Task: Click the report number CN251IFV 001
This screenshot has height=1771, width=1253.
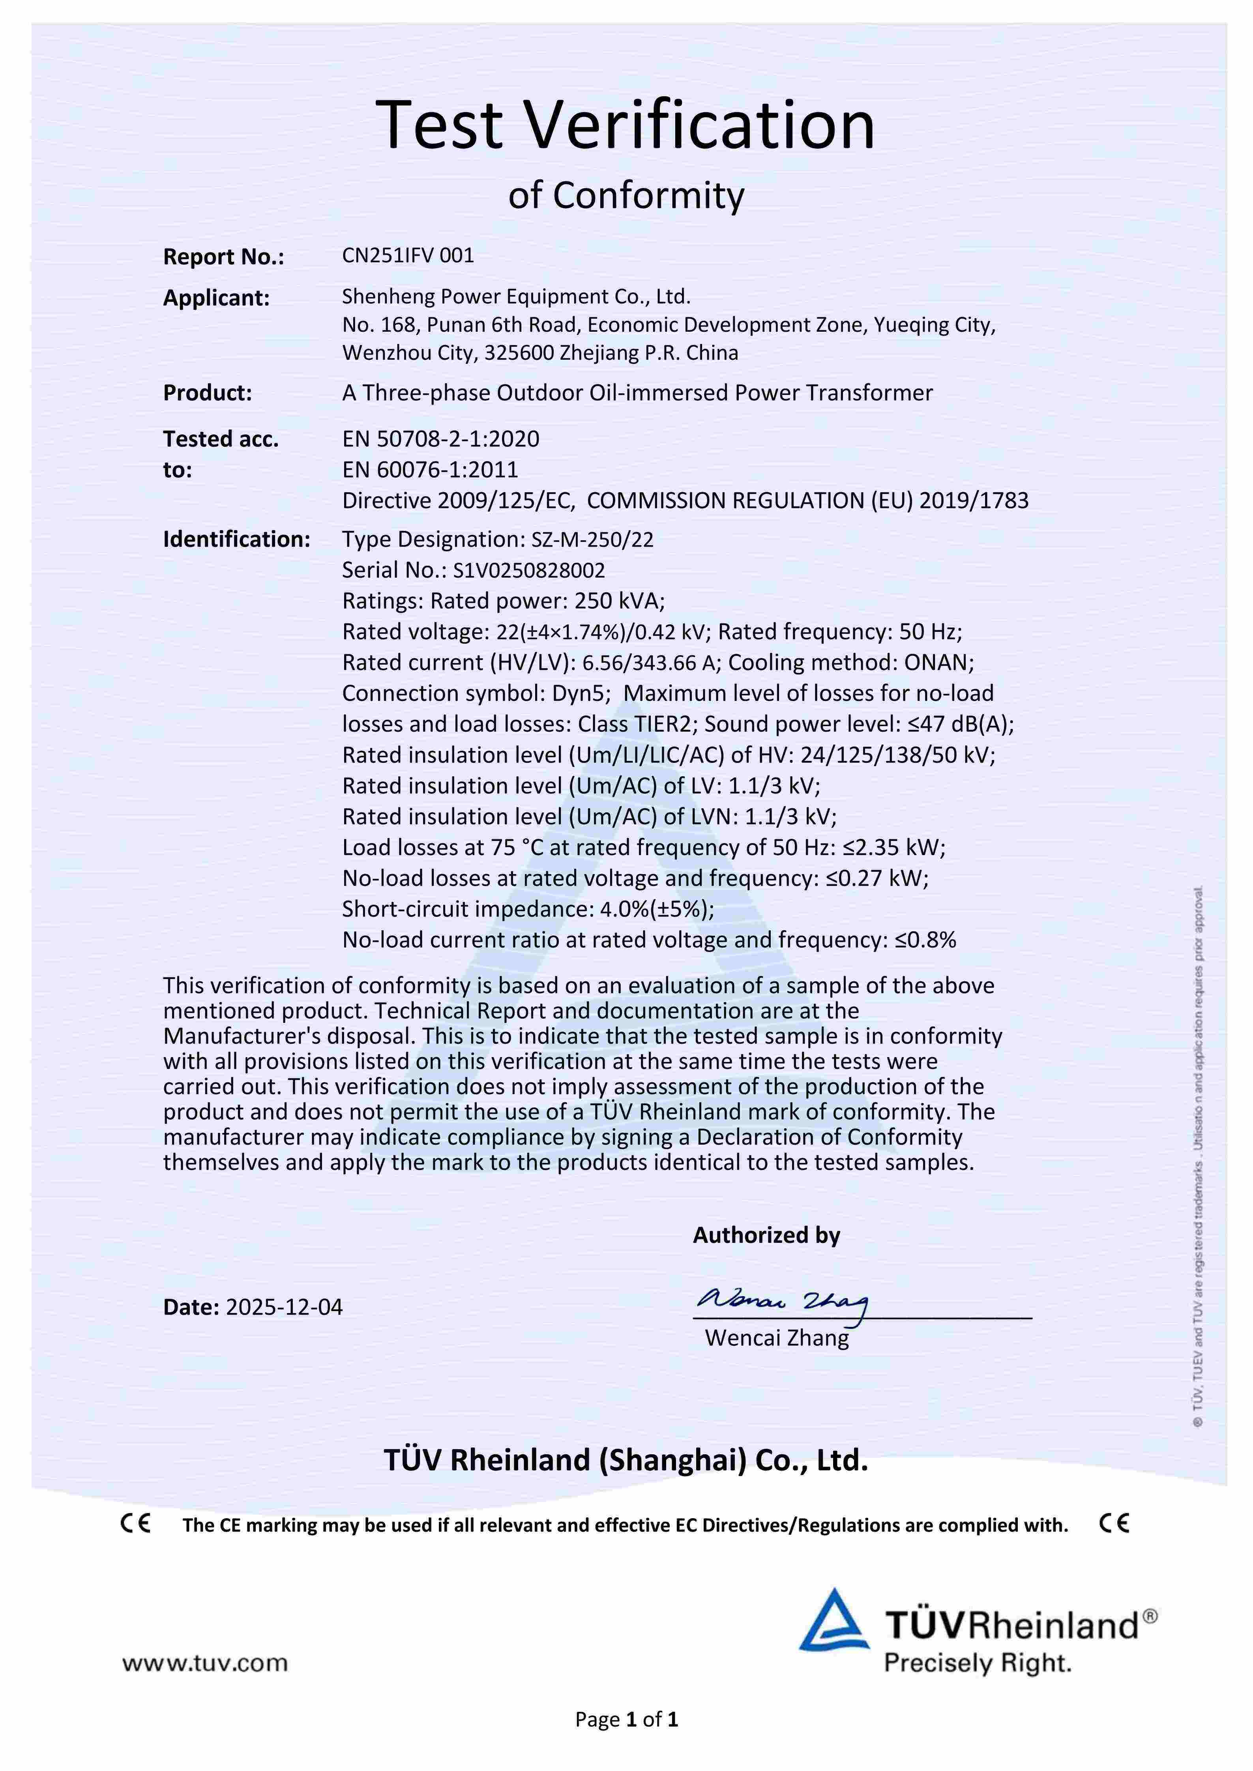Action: coord(408,255)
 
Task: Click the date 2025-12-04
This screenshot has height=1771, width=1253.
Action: coord(284,1307)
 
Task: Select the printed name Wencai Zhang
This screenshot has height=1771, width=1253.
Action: coord(776,1338)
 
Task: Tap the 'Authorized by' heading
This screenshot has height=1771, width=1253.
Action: coord(766,1235)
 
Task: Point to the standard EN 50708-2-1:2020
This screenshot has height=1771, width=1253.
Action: coord(440,439)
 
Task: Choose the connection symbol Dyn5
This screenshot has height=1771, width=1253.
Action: coord(580,693)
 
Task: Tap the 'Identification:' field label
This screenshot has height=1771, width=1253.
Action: coord(236,539)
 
